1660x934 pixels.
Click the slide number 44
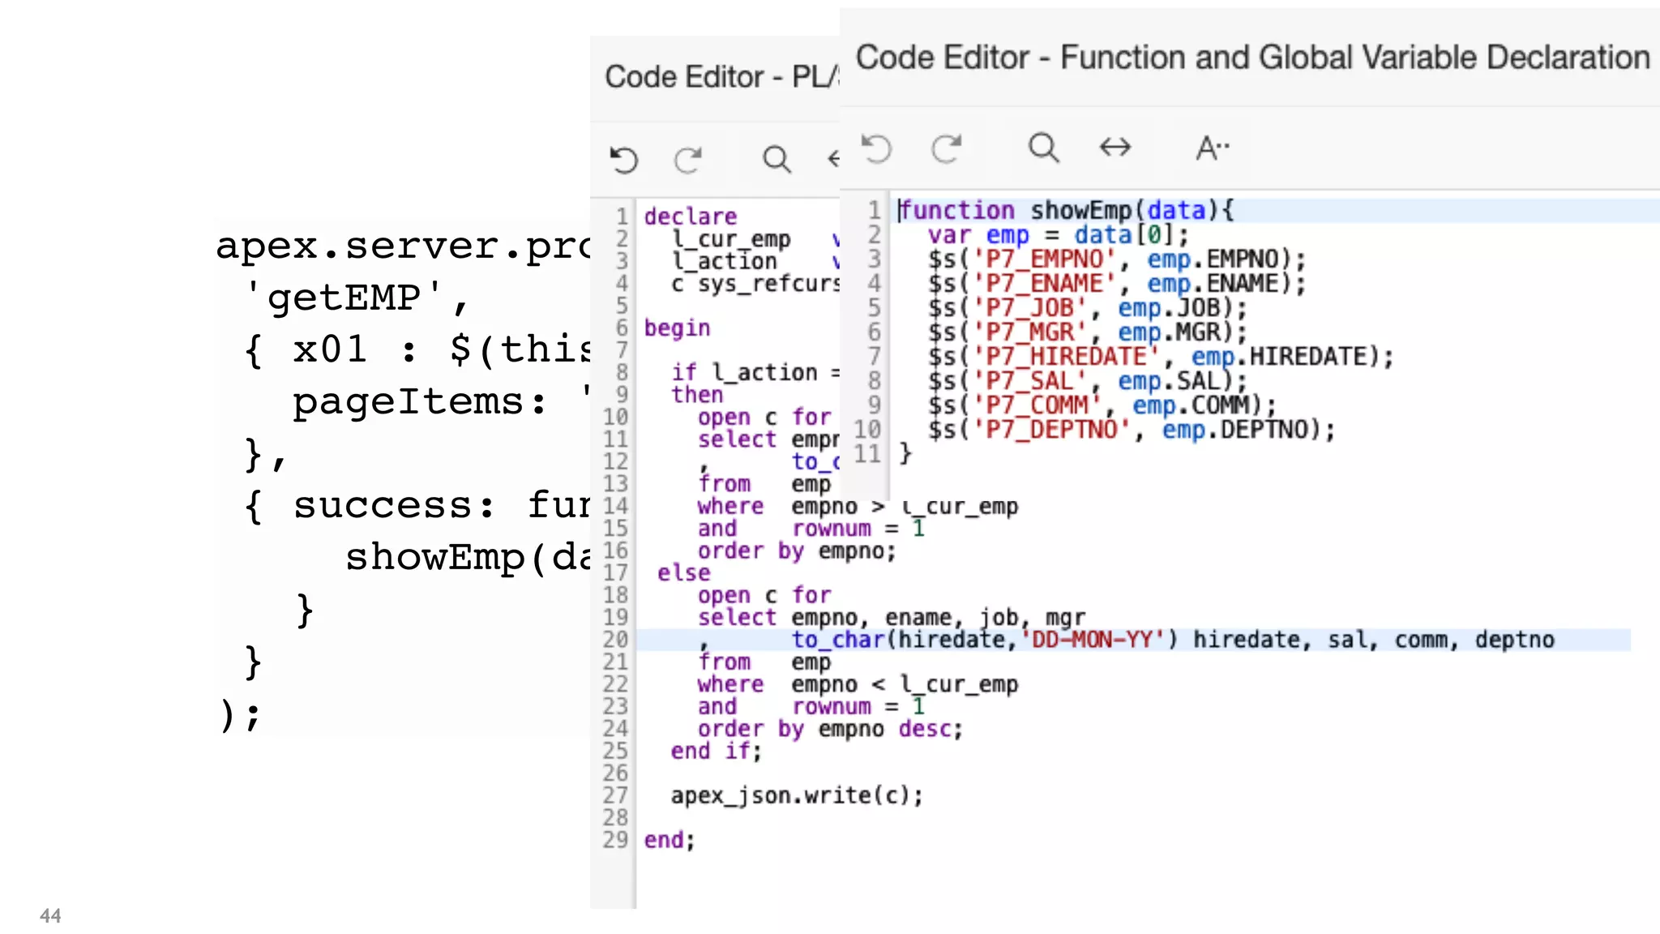[50, 915]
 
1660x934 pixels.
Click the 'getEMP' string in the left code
[344, 298]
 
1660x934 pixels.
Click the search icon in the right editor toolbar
[1043, 148]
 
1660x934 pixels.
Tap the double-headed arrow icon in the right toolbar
[1115, 148]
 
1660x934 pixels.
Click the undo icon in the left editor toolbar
[624, 159]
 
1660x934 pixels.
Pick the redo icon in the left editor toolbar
[688, 159]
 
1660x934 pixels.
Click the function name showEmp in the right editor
[1080, 211]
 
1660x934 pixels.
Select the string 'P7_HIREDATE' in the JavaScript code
[1066, 357]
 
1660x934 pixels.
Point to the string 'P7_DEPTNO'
[1051, 430]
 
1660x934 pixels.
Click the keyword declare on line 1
[691, 216]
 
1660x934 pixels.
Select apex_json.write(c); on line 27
[796, 795]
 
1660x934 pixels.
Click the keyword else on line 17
[683, 573]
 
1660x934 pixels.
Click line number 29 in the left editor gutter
[615, 840]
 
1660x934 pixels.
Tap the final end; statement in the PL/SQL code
[670, 840]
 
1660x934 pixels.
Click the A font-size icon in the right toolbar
[1213, 148]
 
